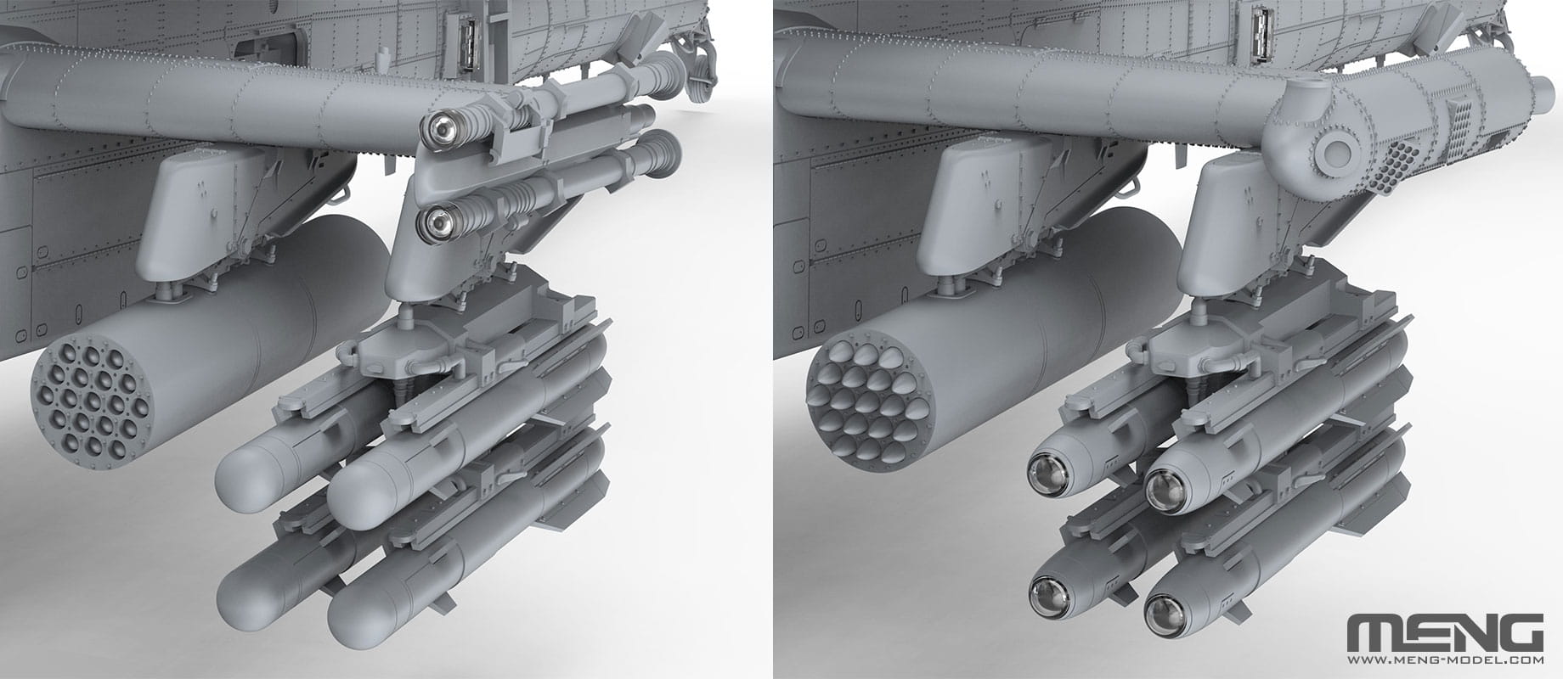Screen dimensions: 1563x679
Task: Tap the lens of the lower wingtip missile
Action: pos(438,223)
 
